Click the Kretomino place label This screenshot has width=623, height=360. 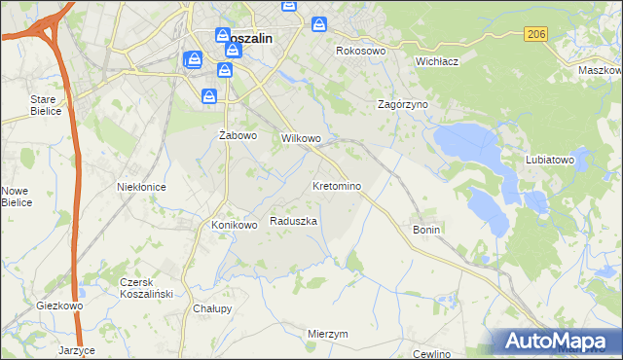[x=337, y=186]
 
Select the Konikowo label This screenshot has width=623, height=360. [x=235, y=226]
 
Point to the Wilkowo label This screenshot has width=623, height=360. [x=301, y=139]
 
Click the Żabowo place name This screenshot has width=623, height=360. [x=238, y=136]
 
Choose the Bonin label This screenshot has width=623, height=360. [x=427, y=230]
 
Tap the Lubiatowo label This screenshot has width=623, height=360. [x=551, y=160]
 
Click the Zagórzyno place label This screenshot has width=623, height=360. [x=403, y=103]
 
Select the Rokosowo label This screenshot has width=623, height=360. [x=361, y=51]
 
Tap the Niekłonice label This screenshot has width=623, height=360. [x=141, y=187]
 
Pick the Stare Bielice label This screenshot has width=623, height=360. [x=46, y=105]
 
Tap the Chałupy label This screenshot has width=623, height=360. [x=212, y=309]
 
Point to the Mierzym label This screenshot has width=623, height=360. [x=327, y=334]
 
